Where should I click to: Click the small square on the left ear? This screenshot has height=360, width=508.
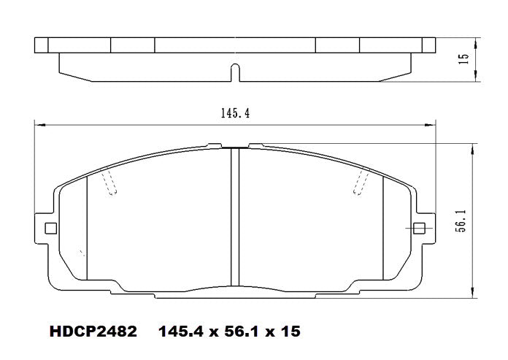[x=50, y=228]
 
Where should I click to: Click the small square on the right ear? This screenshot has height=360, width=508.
[x=420, y=228]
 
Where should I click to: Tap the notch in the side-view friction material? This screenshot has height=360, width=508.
[x=235, y=72]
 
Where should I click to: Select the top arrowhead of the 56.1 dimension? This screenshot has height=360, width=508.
[x=475, y=147]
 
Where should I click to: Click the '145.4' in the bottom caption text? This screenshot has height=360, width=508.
[x=181, y=331]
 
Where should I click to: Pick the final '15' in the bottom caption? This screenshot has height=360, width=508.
[x=290, y=331]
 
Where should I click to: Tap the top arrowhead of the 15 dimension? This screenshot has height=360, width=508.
[x=475, y=39]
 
